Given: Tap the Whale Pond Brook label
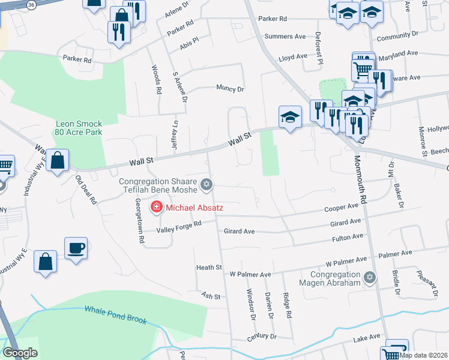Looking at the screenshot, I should [x=115, y=315].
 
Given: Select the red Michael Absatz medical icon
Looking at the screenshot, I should [x=157, y=208].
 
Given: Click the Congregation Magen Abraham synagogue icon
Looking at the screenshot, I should [x=370, y=277].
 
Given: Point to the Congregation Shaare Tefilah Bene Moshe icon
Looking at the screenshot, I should [x=207, y=184].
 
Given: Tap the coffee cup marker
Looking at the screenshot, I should [x=76, y=248].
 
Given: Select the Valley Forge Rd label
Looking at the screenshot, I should [x=178, y=229].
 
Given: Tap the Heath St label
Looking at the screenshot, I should [x=209, y=267].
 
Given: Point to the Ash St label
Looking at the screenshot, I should [x=211, y=296].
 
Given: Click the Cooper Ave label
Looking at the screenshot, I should [x=341, y=208].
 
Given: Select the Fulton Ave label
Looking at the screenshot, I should [x=348, y=237].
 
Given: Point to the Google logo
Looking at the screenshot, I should [x=20, y=353].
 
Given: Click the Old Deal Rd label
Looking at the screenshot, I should [x=86, y=190].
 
